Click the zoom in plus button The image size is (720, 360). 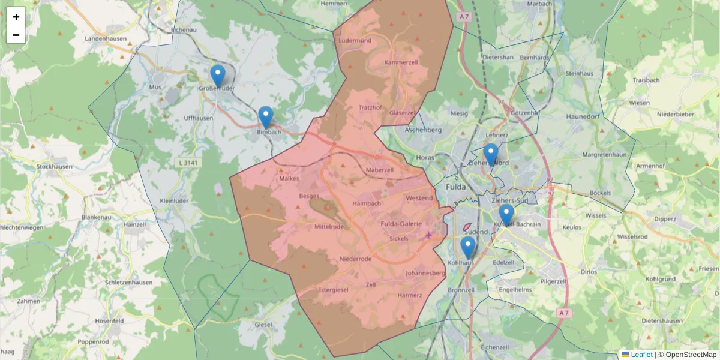[x=16, y=17]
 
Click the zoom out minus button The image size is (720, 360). [x=16, y=35]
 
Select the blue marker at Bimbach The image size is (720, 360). [x=266, y=118]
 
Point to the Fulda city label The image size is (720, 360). [x=456, y=187]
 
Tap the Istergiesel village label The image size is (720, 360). [x=334, y=290]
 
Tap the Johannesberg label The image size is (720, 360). [x=425, y=273]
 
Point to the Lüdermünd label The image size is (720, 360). [x=355, y=40]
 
